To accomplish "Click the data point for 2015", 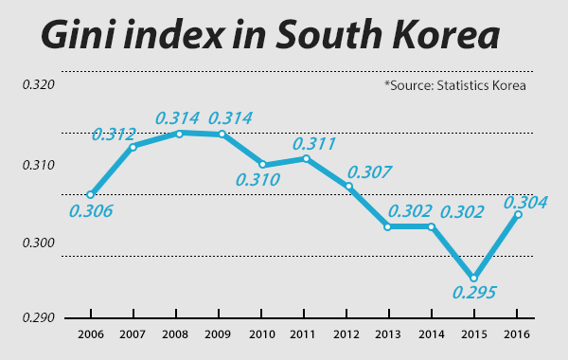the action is [474, 279].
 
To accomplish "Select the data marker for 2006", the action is [91, 194].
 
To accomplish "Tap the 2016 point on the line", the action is [518, 215].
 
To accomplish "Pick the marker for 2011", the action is [306, 158].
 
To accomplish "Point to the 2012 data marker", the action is [348, 186].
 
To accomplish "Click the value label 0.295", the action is [474, 292].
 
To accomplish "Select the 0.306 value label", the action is [91, 211].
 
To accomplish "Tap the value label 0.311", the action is [314, 144].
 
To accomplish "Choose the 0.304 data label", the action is [525, 203].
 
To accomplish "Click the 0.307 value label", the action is [369, 172].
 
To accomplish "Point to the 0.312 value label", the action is [114, 135].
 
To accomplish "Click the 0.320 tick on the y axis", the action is [39, 85].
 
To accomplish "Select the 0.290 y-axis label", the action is [39, 318].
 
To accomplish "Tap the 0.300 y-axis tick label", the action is [39, 243].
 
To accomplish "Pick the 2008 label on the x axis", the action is [175, 334].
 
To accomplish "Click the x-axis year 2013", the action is [388, 334].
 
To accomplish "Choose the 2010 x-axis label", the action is [262, 334].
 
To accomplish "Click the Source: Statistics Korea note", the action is [455, 85].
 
